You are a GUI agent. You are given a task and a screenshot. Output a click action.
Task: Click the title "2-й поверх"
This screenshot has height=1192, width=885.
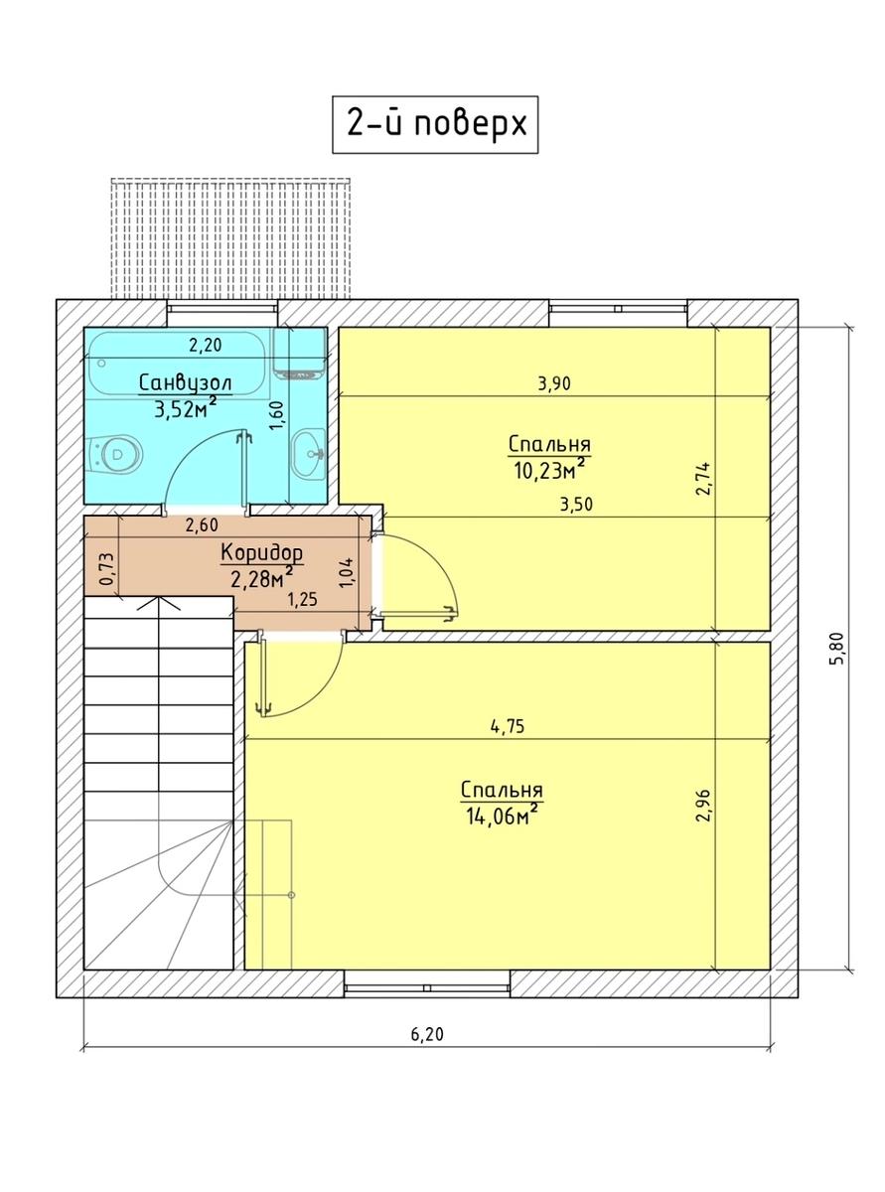[435, 125]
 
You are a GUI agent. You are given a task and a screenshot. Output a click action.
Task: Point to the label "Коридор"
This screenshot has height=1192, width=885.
[261, 552]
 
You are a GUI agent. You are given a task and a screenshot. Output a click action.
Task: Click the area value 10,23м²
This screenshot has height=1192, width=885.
[548, 468]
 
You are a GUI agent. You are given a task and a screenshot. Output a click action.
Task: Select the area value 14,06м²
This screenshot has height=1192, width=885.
[501, 815]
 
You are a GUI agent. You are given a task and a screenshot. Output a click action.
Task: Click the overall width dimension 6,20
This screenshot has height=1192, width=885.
[426, 1034]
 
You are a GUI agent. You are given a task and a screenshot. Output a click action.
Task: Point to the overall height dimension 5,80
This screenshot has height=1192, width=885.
[836, 650]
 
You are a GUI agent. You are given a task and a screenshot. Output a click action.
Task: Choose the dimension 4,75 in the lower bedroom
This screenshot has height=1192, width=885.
[507, 726]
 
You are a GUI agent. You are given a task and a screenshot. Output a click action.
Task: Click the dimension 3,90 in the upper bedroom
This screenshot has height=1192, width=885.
[555, 383]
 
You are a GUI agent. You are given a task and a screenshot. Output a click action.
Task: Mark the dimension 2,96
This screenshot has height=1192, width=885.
[704, 805]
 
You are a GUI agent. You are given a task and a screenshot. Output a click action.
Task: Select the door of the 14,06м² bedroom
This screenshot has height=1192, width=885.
[298, 685]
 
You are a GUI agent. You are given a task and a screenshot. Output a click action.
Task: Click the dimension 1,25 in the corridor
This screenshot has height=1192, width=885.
[302, 599]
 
